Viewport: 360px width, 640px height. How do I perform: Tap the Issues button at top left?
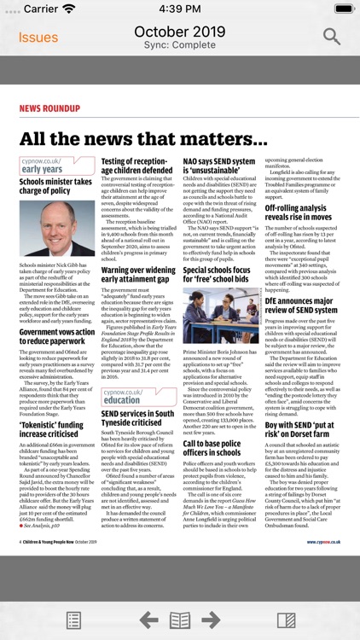coord(38,37)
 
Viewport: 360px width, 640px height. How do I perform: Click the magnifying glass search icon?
coord(331,36)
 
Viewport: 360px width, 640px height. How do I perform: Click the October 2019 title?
coord(179,31)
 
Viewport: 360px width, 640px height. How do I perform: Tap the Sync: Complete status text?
coord(180,45)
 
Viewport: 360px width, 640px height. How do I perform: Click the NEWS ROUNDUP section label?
coord(49,108)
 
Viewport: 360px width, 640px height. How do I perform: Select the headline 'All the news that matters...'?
coord(143,139)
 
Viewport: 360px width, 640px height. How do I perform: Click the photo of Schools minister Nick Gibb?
coord(57,229)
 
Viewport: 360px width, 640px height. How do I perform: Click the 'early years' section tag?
coord(42,170)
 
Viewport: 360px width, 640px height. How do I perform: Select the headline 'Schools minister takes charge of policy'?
coord(55,187)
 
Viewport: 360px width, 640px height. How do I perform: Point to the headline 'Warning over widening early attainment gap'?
coord(138,275)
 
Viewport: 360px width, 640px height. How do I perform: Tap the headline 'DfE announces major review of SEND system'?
coord(302,304)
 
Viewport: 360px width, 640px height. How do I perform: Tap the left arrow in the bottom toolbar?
coord(149,620)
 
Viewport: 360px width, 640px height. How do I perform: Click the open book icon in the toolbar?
coord(179,620)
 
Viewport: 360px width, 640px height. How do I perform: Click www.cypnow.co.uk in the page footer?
coord(323,541)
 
